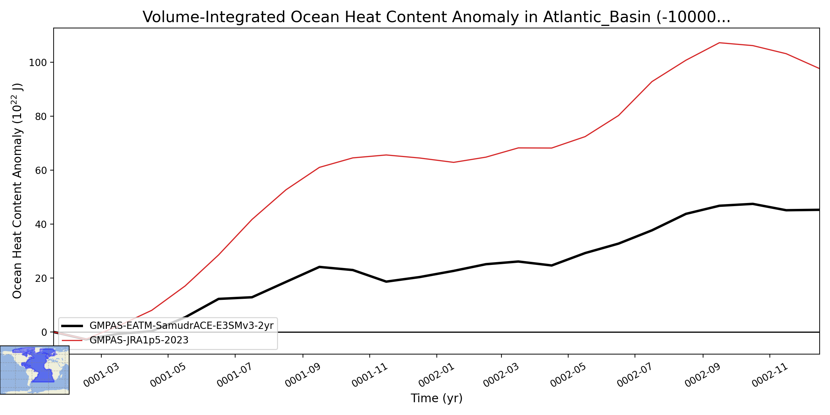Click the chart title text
pos(436,17)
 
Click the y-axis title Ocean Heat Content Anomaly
pos(17,191)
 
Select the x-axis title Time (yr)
pos(436,398)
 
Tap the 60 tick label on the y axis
pos(41,170)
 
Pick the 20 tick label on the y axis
pos(41,278)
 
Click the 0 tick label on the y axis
pos(44,332)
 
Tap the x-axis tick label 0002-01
pos(436,375)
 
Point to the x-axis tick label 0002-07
pos(635,375)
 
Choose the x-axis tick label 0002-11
pos(770,375)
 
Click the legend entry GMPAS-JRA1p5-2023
pos(139,340)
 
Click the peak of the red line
pos(719,43)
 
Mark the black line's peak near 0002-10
pos(753,204)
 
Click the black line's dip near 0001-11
pos(386,282)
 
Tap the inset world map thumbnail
pos(35,370)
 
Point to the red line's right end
pos(819,68)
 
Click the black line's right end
pos(819,210)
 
